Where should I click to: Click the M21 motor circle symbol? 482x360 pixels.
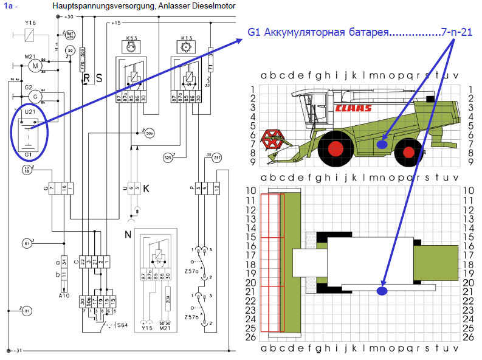point(35,66)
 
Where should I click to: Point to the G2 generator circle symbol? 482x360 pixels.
point(35,95)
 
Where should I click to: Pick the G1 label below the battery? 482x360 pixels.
point(27,154)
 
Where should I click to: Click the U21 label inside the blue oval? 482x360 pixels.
point(27,112)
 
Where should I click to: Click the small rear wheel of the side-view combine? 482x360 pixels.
point(408,151)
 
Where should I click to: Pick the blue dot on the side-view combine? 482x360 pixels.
point(382,144)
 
